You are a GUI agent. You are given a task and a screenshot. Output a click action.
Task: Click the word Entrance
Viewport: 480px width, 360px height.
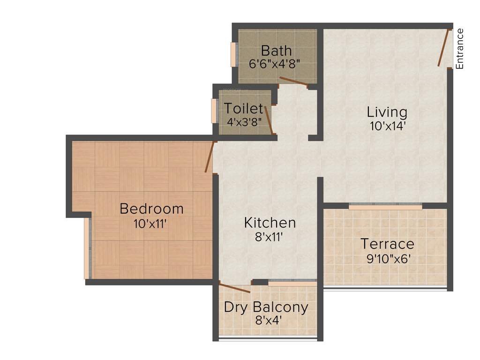point(460,49)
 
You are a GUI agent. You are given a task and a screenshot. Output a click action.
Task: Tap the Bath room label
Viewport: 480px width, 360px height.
point(276,50)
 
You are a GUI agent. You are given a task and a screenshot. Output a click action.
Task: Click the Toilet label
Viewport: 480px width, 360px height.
point(243,109)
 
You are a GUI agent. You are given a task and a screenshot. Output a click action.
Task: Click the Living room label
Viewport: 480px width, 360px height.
point(387,112)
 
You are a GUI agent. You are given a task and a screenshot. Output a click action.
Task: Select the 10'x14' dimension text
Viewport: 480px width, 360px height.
point(387,126)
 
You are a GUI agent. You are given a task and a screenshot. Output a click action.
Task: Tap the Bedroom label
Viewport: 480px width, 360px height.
point(151,209)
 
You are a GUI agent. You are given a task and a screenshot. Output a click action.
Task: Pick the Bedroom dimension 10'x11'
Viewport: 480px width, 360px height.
point(150,224)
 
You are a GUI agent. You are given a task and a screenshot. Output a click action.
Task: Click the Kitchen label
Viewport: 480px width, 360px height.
point(270,223)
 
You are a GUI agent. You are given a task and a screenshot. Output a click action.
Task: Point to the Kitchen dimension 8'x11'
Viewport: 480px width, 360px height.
point(270,237)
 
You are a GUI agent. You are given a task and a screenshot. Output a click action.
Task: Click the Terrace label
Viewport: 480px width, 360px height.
point(387,244)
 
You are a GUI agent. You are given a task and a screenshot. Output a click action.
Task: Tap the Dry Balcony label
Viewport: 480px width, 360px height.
point(266,307)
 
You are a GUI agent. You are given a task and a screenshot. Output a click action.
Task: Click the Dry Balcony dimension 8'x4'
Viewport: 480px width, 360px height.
point(266,321)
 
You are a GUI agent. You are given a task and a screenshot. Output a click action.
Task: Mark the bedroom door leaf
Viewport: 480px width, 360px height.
point(210,157)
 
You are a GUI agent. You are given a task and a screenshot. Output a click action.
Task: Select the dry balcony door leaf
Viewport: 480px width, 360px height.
point(234,288)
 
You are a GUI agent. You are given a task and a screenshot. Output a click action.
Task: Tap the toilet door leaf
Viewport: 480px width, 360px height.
point(269,120)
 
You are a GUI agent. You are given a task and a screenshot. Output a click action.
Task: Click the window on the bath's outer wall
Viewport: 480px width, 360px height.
point(233,55)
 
